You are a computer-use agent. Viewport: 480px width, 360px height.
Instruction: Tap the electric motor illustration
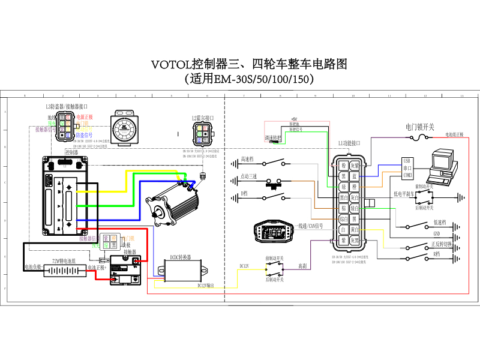tap(174, 200)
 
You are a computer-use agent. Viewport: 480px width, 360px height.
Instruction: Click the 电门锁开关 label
tap(419, 127)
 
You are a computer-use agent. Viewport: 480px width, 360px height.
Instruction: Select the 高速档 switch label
tap(247, 160)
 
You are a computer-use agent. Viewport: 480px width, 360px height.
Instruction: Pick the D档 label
tap(244, 193)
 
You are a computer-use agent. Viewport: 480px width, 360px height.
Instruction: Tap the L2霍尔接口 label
tap(203, 118)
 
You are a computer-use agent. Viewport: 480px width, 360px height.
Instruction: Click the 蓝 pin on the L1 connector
tap(355, 176)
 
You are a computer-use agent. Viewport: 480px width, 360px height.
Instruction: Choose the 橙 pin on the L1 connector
tap(355, 186)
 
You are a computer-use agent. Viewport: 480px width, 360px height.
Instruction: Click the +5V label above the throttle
tap(293, 119)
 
